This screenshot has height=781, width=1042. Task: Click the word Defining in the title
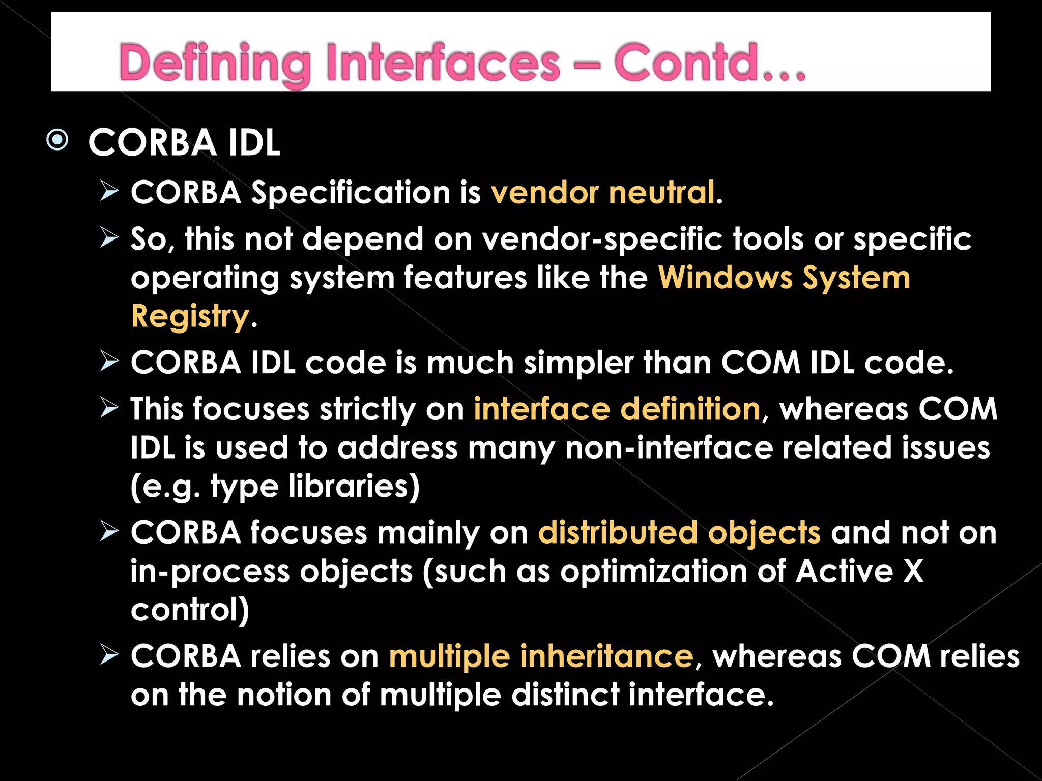click(214, 64)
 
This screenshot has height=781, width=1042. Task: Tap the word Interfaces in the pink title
click(443, 64)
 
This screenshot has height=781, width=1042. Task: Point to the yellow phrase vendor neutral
click(603, 193)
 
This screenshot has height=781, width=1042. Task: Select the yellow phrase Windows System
click(784, 278)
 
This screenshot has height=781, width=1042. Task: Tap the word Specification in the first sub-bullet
click(351, 193)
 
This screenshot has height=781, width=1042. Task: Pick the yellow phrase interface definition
click(617, 409)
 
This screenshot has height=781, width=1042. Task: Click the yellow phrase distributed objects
click(679, 533)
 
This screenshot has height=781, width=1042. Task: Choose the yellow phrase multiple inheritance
click(541, 656)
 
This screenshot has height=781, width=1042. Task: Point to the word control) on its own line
click(190, 610)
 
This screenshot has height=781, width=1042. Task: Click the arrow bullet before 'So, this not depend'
click(109, 237)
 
